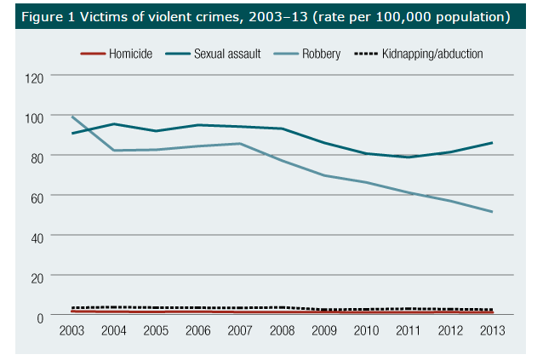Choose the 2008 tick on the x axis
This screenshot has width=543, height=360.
tap(283, 331)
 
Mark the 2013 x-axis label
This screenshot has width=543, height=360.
tap(492, 331)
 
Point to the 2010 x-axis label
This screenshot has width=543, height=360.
tap(366, 331)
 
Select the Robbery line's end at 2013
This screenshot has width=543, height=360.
tap(492, 212)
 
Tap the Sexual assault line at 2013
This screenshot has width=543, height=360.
tap(492, 142)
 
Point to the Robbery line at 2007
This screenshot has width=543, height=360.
tap(241, 143)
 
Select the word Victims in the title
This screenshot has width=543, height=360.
tap(104, 16)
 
